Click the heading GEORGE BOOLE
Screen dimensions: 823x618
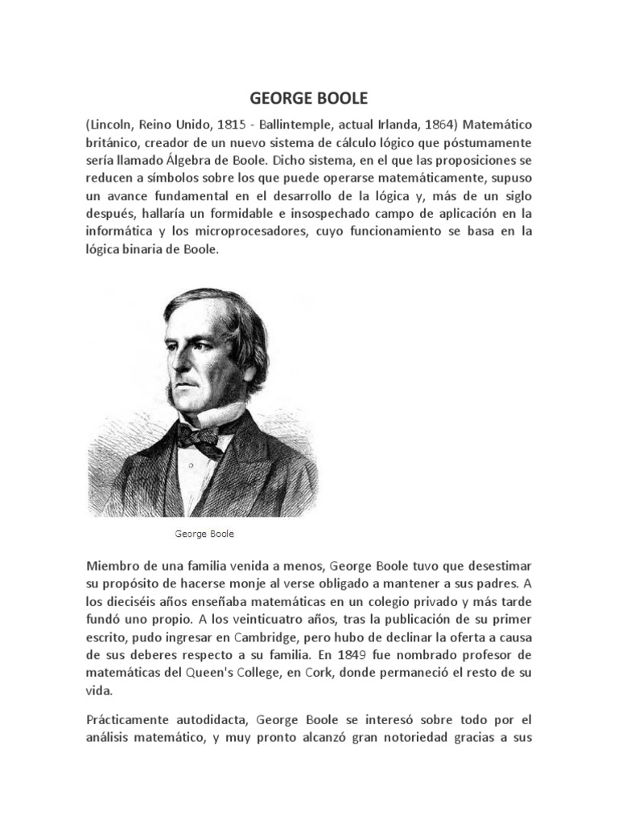pyautogui.click(x=308, y=100)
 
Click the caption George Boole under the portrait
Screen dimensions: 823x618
pyautogui.click(x=204, y=533)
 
